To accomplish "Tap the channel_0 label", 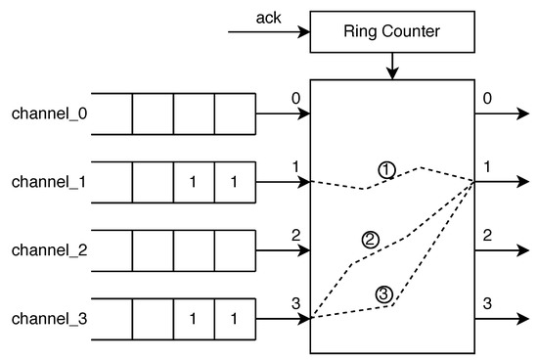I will [49, 113].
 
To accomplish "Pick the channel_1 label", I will [49, 182].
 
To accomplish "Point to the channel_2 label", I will [49, 250].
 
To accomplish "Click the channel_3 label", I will [49, 319].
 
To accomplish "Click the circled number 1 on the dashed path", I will [386, 170].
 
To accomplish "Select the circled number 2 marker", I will [370, 238].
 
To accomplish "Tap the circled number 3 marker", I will [383, 292].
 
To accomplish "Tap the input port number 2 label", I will [293, 236].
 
